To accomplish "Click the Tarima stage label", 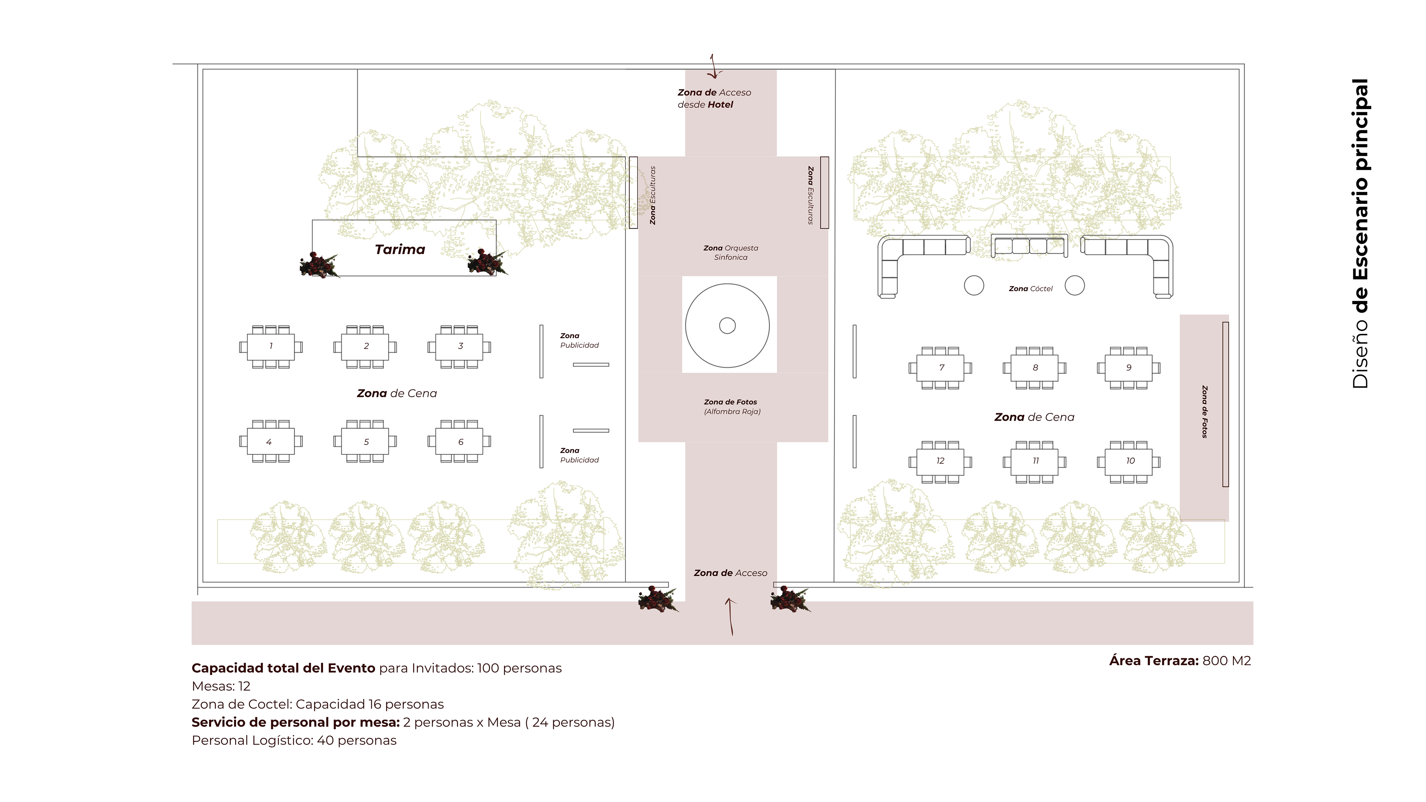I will [x=400, y=250].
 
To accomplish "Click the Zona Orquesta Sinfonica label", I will [x=731, y=252].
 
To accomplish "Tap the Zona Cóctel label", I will [x=1030, y=289].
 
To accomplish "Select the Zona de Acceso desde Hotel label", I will [x=714, y=98].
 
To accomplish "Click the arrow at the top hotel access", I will [x=713, y=67].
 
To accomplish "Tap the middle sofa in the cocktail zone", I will [x=1029, y=246].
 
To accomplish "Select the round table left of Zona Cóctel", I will [x=974, y=286].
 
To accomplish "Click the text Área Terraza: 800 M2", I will [x=1180, y=661].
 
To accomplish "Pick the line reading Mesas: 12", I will [x=221, y=686].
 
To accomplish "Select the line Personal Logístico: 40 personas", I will [x=294, y=741].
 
